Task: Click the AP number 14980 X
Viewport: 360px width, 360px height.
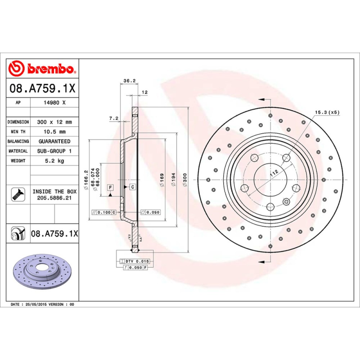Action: coord(54,103)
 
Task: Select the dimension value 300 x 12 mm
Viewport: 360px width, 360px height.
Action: coord(54,122)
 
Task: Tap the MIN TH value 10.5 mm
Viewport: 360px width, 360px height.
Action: coord(54,132)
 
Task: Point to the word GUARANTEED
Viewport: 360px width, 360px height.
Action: coord(54,141)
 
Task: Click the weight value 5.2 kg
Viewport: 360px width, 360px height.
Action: coord(54,161)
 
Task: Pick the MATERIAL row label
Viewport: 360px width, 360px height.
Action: coord(18,151)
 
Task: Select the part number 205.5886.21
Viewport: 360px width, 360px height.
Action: coord(54,198)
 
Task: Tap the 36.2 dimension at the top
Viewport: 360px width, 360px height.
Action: coord(129,81)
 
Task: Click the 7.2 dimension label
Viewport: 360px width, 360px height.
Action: coord(113,118)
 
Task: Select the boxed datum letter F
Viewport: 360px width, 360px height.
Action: coord(110,187)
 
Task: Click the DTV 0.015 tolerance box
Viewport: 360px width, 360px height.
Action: coord(135,261)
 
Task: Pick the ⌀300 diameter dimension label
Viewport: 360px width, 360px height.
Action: coord(185,180)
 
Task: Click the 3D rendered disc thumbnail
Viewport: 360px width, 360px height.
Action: coord(43,273)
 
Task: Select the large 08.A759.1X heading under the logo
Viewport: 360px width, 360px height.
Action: coord(43,87)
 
